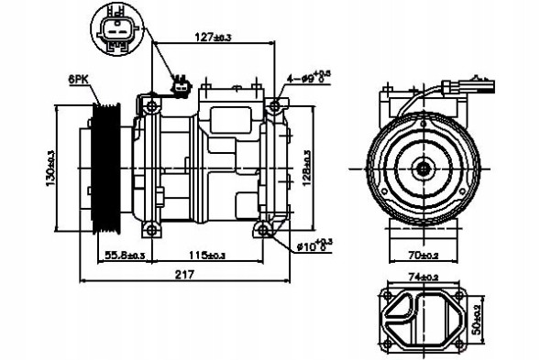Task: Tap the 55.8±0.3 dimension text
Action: tap(125, 255)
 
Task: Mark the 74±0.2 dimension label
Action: tap(424, 276)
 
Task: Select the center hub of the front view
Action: tap(424, 168)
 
